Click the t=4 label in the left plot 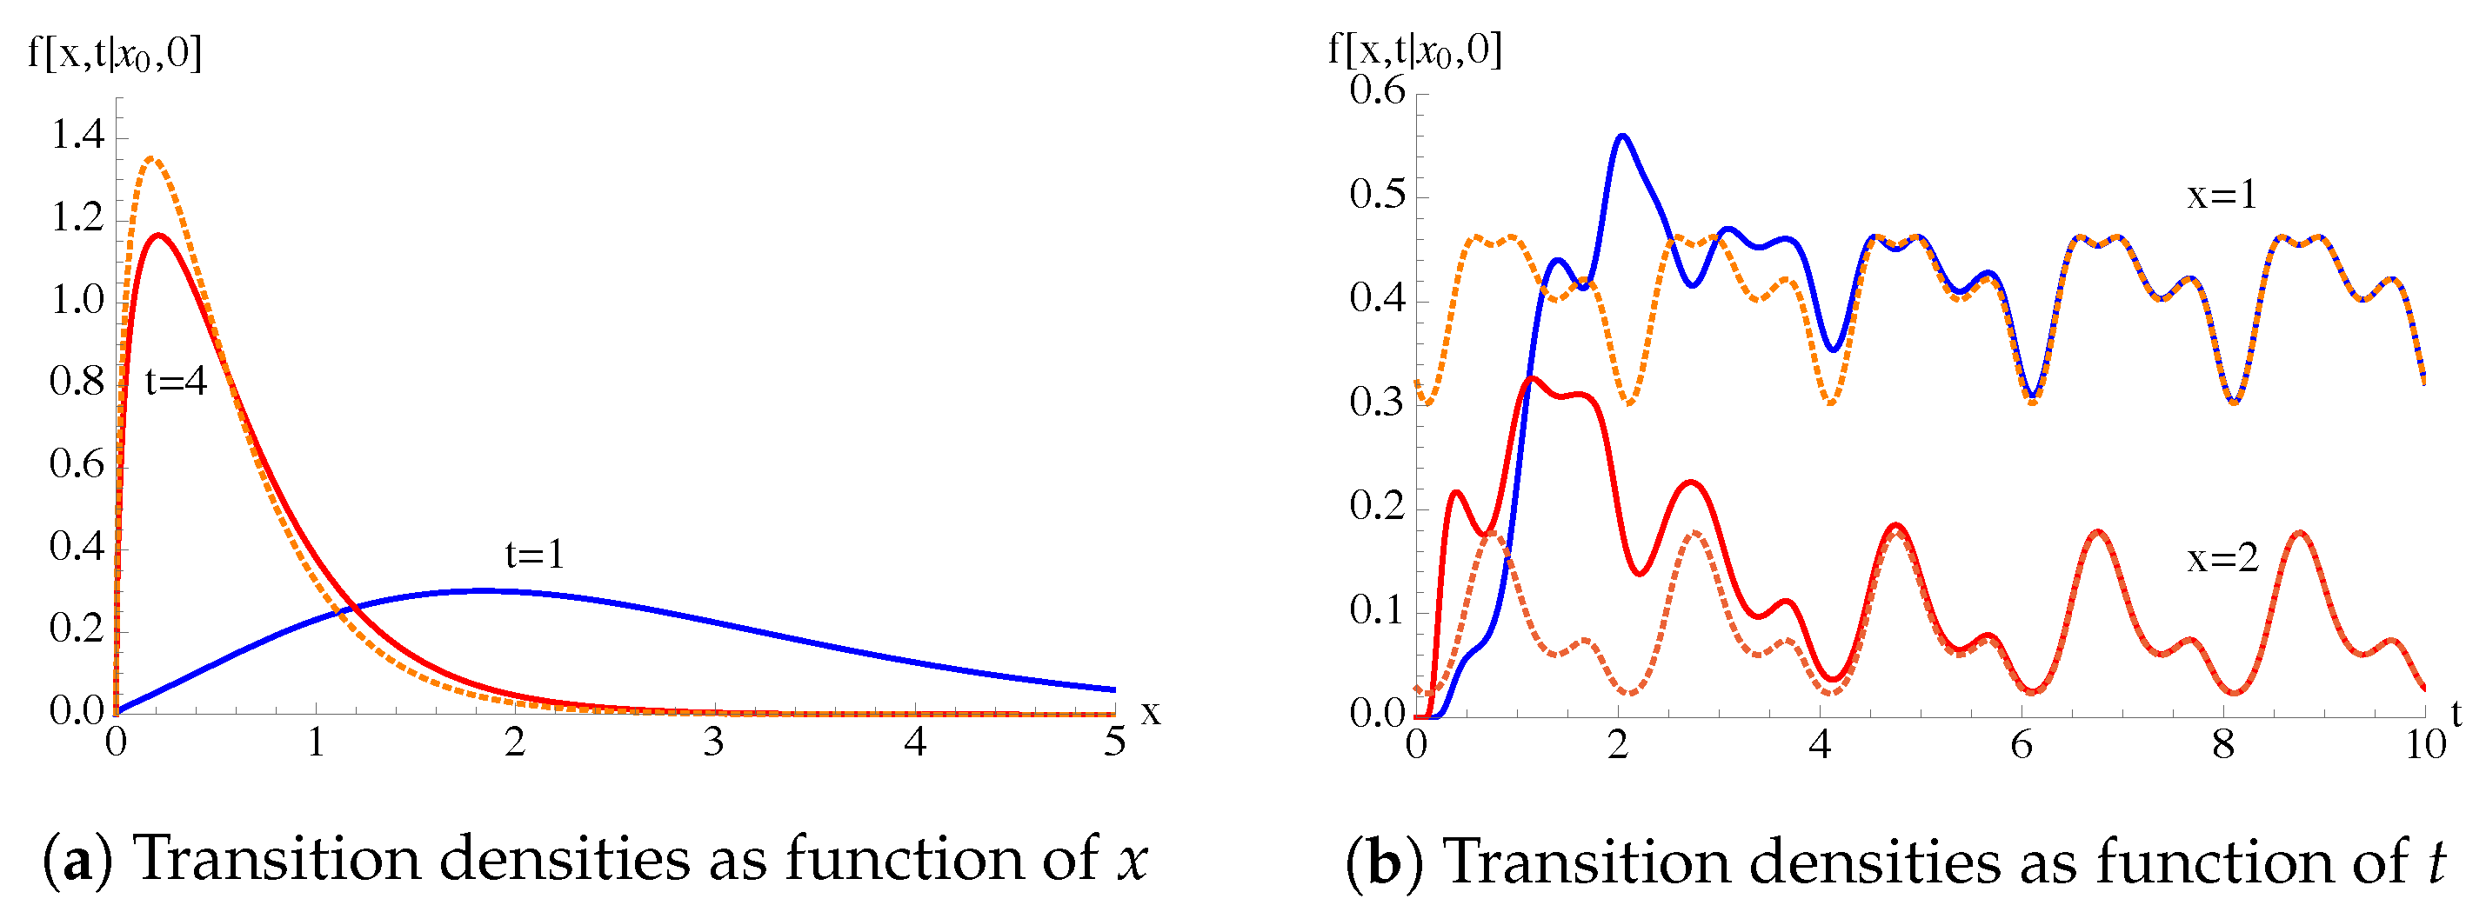(176, 383)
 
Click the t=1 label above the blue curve (535, 554)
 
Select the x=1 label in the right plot (2222, 195)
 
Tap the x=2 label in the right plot (2222, 559)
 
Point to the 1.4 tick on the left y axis (77, 135)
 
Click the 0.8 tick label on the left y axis (77, 383)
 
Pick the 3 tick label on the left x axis (713, 742)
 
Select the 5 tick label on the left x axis (1114, 742)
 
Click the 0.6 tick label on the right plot (1377, 90)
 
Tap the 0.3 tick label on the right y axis (1377, 403)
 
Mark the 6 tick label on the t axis (2021, 744)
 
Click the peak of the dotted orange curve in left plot (152, 158)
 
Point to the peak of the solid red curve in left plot (158, 235)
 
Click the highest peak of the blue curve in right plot (1622, 136)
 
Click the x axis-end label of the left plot (1150, 713)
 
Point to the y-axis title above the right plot (1414, 49)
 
